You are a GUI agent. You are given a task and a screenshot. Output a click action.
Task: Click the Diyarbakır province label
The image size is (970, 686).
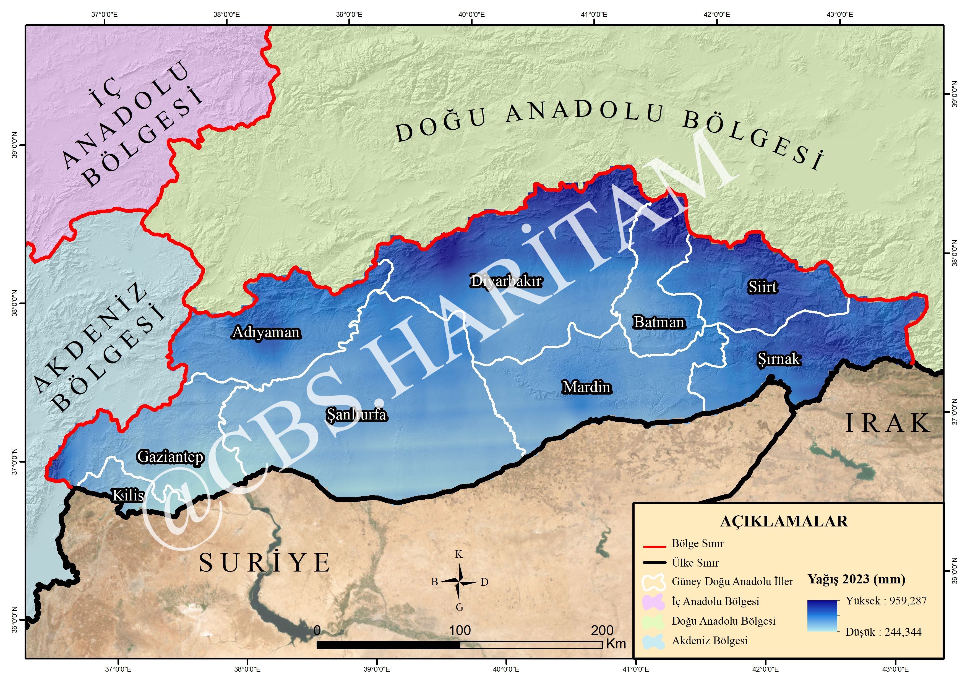pyautogui.click(x=506, y=281)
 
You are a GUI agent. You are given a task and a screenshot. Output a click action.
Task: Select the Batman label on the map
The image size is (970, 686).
pyautogui.click(x=659, y=323)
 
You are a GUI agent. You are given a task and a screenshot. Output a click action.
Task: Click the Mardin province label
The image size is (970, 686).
pyautogui.click(x=587, y=387)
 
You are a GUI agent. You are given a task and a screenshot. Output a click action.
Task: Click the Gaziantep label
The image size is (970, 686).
pyautogui.click(x=171, y=457)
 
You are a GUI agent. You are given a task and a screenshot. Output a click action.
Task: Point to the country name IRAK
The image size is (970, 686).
pyautogui.click(x=888, y=424)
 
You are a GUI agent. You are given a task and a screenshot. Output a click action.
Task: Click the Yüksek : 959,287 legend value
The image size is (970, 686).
pyautogui.click(x=886, y=601)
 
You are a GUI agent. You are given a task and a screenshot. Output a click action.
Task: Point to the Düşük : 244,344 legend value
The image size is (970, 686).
pyautogui.click(x=883, y=632)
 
